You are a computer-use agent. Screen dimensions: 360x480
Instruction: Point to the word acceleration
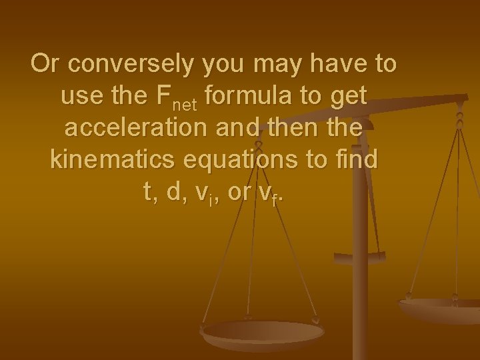(x=136, y=128)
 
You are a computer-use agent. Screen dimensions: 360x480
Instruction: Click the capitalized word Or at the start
(x=47, y=65)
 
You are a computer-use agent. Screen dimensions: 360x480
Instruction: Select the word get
(x=348, y=97)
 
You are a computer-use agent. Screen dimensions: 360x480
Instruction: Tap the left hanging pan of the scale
(x=263, y=332)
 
